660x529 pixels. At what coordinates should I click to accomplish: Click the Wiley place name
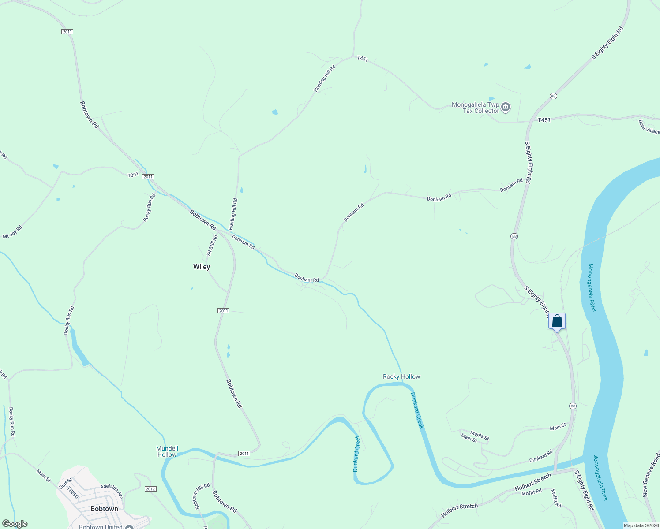pos(202,267)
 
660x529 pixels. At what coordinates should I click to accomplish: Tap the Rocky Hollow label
pos(401,376)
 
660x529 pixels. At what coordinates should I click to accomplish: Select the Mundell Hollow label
pos(167,451)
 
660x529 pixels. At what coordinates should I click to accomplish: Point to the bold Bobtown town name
pos(104,509)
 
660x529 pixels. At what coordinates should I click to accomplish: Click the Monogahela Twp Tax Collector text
pos(475,108)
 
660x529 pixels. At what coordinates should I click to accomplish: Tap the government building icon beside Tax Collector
pos(506,107)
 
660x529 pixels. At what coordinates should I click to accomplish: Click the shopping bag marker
pos(557,321)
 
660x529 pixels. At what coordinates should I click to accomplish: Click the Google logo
pos(15,524)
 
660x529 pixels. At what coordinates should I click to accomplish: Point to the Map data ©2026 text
pos(641,525)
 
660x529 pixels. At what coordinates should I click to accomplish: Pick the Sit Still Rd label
pos(213,245)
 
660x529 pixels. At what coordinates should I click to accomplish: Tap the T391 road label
pos(133,175)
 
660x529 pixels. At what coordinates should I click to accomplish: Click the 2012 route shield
pos(150,489)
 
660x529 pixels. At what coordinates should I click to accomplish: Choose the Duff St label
pos(65,483)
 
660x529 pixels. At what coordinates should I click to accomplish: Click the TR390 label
pos(73,493)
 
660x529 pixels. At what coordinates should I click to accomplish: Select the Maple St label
pos(480,436)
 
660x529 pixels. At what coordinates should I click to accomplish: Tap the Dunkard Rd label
pos(541,456)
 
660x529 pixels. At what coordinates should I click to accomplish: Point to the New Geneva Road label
pos(652,475)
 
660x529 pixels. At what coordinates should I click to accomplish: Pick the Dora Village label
pos(649,127)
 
